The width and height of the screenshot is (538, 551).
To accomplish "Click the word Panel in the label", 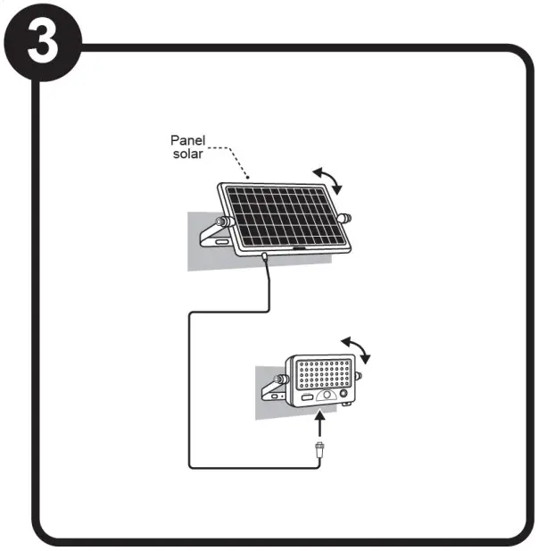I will [188, 140].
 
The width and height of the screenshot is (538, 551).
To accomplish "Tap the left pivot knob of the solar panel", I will [224, 221].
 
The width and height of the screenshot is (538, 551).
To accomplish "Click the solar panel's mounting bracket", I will [214, 236].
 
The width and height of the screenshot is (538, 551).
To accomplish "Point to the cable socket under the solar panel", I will [267, 259].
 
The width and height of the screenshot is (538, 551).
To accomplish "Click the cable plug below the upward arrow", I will [319, 449].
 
